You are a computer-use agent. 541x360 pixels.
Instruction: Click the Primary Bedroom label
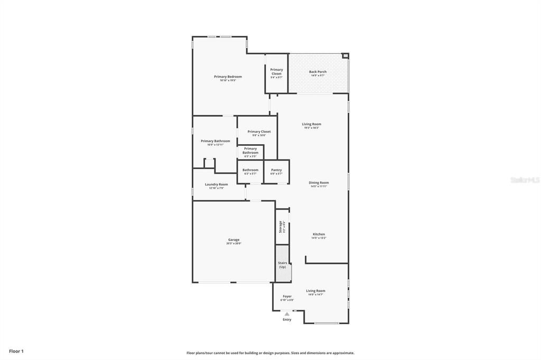click(x=228, y=77)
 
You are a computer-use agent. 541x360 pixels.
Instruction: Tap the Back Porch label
click(x=318, y=72)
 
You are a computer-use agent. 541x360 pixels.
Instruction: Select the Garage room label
click(x=234, y=240)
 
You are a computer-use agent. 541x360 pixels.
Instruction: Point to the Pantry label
click(x=276, y=170)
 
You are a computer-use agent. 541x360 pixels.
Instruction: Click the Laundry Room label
click(x=216, y=185)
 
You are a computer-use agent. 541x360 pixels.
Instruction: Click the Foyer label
click(x=287, y=297)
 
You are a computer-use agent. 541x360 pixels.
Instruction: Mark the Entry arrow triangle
click(x=287, y=314)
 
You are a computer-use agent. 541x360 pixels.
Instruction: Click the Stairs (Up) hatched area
click(x=283, y=264)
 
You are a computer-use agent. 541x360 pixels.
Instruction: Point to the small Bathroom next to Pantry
click(x=250, y=170)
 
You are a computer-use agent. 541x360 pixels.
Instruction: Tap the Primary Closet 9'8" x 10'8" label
click(x=259, y=132)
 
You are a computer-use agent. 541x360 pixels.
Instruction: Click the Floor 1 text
click(x=16, y=351)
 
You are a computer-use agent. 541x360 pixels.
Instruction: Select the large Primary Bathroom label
click(x=215, y=141)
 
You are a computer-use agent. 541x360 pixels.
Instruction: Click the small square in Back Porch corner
click(x=345, y=55)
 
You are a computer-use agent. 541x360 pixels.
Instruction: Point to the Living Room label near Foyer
click(x=315, y=291)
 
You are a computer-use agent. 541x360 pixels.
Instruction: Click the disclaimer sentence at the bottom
click(x=270, y=353)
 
